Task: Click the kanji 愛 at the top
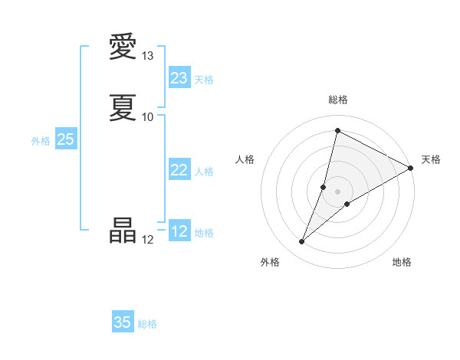click(123, 47)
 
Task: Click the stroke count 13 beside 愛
click(148, 56)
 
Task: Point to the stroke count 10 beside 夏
click(148, 116)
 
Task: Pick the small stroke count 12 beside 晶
click(148, 240)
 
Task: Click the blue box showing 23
click(179, 78)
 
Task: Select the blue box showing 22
click(179, 170)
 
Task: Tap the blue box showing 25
click(66, 139)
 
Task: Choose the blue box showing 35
click(123, 322)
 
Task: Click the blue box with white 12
click(179, 231)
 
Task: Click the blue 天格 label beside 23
click(204, 80)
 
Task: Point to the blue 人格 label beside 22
click(204, 172)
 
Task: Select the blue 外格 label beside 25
click(41, 141)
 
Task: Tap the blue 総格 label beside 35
click(147, 324)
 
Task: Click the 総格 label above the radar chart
click(338, 100)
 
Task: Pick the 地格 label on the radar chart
click(402, 262)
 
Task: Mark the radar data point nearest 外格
click(302, 242)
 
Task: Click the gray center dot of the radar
click(338, 191)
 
